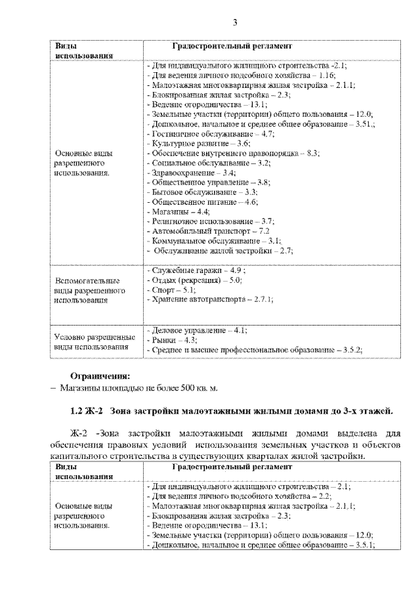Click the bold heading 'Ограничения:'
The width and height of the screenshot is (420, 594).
[x=100, y=376]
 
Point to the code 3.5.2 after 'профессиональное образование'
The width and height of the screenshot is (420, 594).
[x=350, y=350]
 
